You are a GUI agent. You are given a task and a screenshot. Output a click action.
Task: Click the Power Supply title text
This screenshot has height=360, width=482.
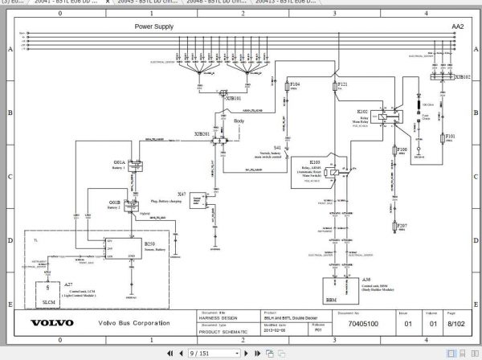pyautogui.click(x=155, y=27)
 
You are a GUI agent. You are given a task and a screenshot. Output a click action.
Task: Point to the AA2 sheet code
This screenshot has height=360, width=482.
pyautogui.click(x=457, y=27)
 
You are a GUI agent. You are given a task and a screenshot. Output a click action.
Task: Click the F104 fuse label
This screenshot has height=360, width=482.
pyautogui.click(x=295, y=84)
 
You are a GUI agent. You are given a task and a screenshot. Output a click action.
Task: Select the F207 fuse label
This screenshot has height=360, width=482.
pyautogui.click(x=402, y=227)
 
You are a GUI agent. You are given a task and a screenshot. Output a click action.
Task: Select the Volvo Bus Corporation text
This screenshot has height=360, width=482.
pyautogui.click(x=134, y=324)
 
